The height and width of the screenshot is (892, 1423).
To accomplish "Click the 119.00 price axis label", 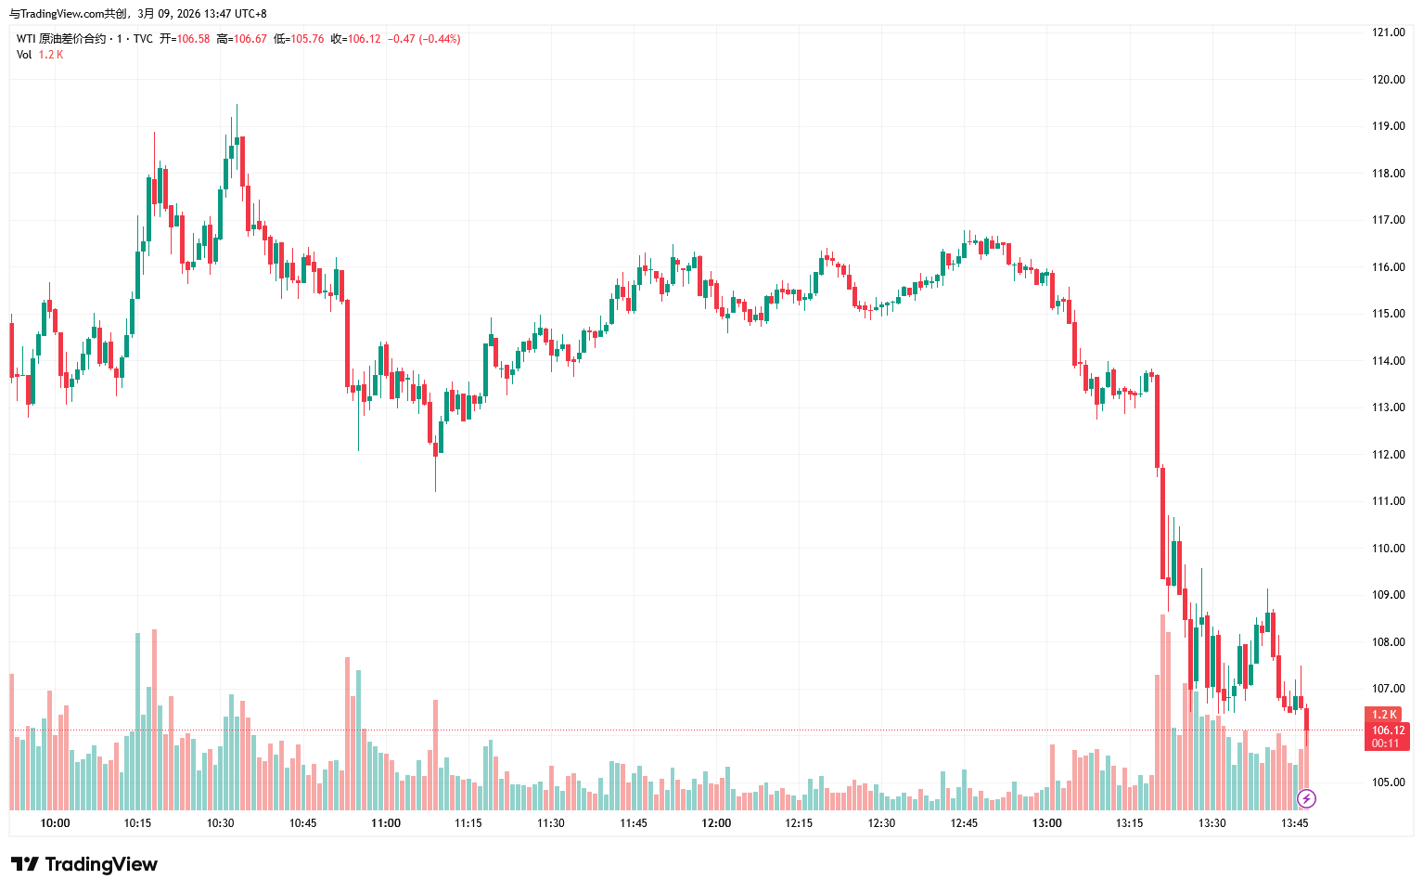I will pos(1388,126).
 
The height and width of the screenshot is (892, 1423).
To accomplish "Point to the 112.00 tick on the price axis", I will pos(1388,455).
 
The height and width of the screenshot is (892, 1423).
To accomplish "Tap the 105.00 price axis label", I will pos(1388,782).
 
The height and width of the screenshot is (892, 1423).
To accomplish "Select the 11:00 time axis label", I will pos(386,823).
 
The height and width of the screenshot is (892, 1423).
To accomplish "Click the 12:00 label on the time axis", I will pos(716,823).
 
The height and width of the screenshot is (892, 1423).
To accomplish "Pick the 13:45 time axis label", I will pos(1294,823).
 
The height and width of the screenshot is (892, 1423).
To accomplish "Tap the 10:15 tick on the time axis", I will pos(137,823).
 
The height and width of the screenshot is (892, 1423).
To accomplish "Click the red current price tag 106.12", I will pos(1388,730).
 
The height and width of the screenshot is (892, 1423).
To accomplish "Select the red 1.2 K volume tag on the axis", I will pos(1384,715).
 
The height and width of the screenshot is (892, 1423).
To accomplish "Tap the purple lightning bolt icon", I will pos(1306,798).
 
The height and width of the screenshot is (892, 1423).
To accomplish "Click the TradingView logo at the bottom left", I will pos(84,864).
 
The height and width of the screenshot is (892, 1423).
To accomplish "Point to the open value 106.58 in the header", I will pos(193,39).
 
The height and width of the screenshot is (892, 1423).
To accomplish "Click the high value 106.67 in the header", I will pos(250,39).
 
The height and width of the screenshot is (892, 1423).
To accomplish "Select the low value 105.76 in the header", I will pos(307,39).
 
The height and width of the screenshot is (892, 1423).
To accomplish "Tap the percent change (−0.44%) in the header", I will pos(440,39).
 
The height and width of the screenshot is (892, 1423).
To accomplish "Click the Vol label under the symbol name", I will pos(24,55).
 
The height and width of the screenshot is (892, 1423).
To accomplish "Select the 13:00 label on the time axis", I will pos(1046,823).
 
